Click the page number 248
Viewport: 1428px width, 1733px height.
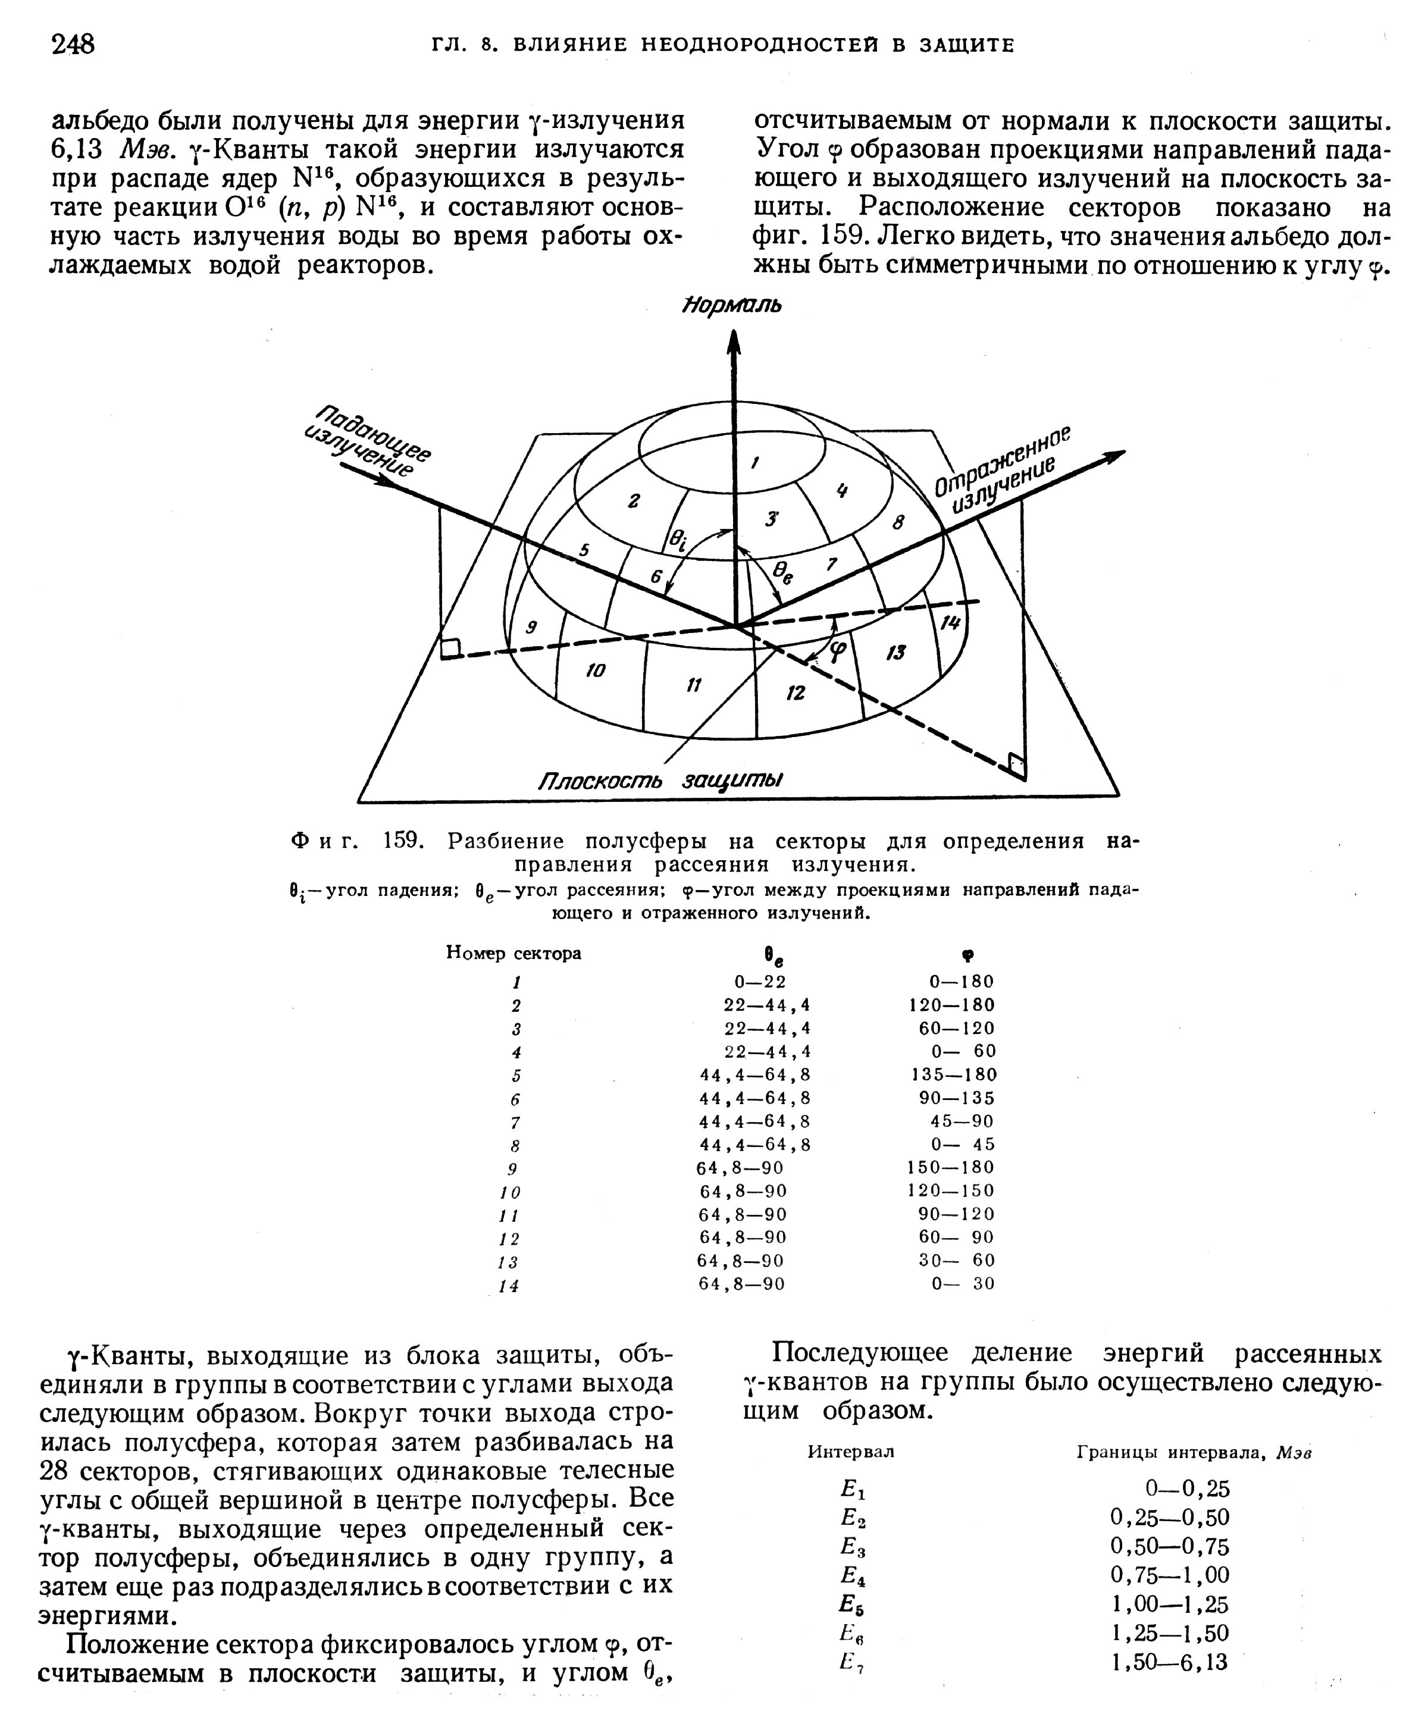pos(73,43)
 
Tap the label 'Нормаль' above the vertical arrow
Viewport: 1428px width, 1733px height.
pos(732,305)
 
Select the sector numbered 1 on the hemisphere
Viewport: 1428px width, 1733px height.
pos(754,463)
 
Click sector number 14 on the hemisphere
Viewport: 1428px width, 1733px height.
pos(950,623)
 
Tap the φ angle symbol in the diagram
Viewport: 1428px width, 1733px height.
pos(837,651)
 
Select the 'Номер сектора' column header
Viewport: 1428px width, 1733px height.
pos(513,952)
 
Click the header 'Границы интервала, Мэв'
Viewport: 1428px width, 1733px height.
pos(1194,1453)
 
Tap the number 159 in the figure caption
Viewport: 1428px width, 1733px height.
pos(403,841)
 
